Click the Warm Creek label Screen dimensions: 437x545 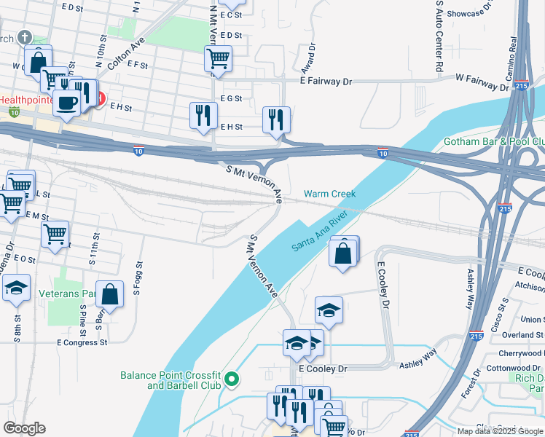point(329,194)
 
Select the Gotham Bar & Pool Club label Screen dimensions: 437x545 point(495,142)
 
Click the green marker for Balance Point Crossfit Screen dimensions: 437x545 point(232,378)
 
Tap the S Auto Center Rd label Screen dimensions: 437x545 point(439,35)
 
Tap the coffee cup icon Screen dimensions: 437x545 point(68,102)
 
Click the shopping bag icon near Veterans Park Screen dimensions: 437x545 point(109,296)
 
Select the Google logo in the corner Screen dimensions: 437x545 point(24,428)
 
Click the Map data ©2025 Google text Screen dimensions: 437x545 point(500,431)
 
